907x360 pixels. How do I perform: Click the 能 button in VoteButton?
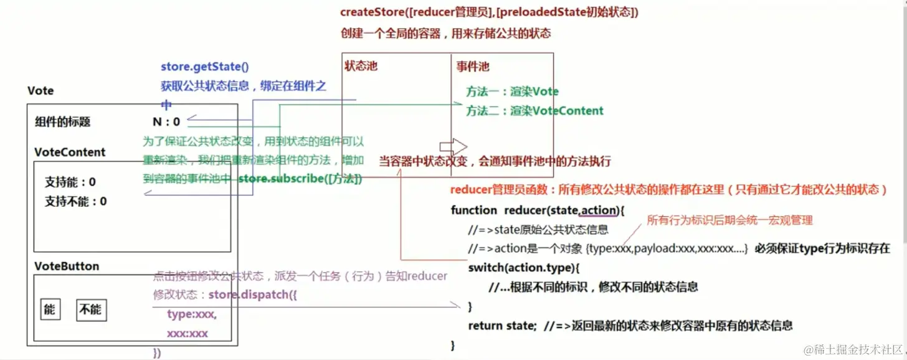[50, 310]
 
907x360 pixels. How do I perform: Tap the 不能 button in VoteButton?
[90, 310]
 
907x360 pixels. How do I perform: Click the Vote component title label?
[40, 91]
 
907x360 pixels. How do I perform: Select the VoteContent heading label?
[70, 152]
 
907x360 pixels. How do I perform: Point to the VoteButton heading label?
[67, 266]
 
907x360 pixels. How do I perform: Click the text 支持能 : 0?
[70, 182]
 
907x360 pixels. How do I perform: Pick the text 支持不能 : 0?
[75, 201]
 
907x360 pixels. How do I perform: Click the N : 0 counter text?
[166, 122]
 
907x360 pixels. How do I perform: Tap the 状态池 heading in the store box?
[361, 66]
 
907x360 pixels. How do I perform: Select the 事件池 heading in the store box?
[473, 66]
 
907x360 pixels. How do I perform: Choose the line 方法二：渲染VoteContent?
[534, 111]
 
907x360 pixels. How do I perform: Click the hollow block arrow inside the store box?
[453, 147]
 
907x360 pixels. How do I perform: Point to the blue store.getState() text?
[204, 67]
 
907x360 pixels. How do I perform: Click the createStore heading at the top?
[489, 12]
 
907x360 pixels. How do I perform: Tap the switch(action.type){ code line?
[524, 268]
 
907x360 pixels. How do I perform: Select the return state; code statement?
[502, 325]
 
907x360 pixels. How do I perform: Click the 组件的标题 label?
[62, 122]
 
